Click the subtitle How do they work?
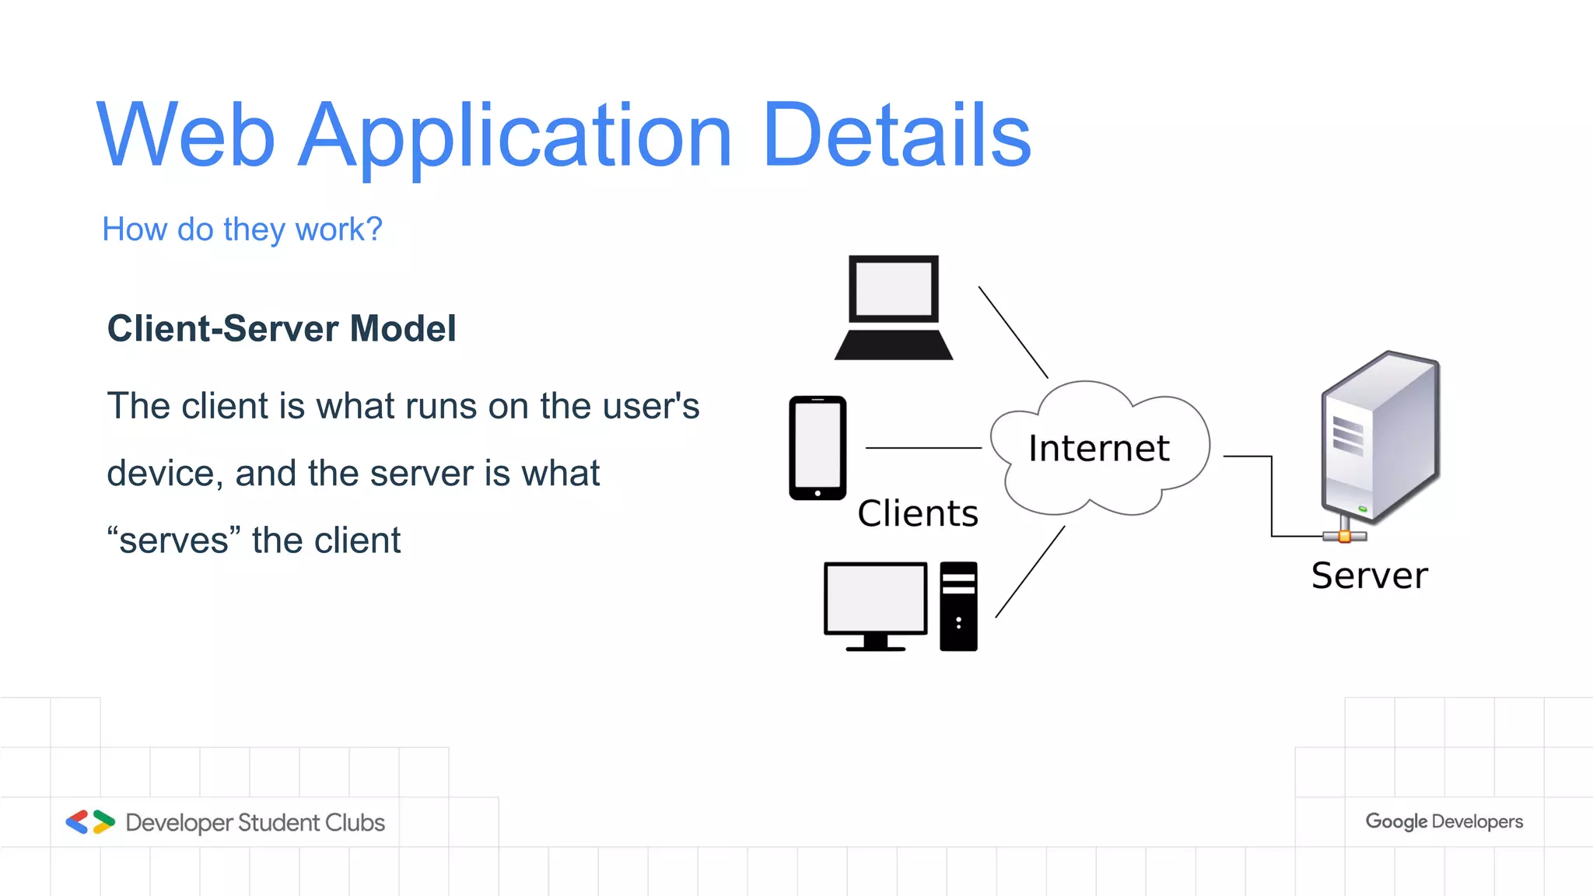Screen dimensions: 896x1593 tap(242, 229)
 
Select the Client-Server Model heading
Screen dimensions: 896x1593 tap(281, 328)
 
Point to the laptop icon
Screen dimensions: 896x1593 tap(894, 306)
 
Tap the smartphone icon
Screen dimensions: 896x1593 tap(818, 447)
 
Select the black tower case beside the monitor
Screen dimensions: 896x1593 tap(958, 606)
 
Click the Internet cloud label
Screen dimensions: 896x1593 tap(1098, 448)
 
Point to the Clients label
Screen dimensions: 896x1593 tap(918, 513)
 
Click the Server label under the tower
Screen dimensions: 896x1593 tap(1369, 576)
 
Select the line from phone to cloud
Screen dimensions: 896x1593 tap(923, 448)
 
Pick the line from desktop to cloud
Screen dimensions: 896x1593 tap(1030, 572)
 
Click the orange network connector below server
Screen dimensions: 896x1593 tap(1344, 536)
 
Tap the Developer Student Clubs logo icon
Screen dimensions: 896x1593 tap(90, 822)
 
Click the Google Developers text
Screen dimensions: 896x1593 tap(1444, 821)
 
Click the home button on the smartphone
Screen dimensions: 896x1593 tap(818, 493)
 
